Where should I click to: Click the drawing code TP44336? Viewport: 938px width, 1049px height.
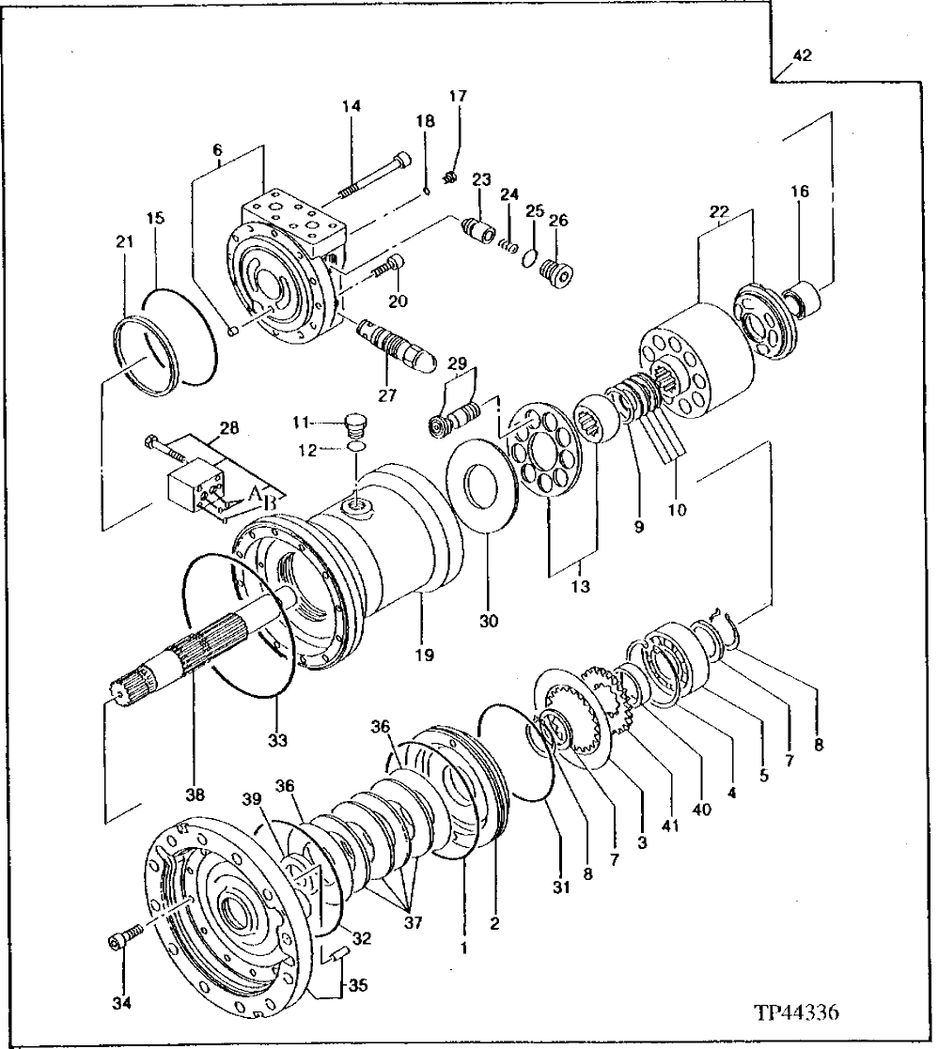click(x=795, y=1015)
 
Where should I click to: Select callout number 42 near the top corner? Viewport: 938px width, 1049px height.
click(x=802, y=56)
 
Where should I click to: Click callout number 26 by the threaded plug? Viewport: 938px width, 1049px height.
click(x=558, y=222)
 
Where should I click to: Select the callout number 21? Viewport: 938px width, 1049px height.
click(x=124, y=243)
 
